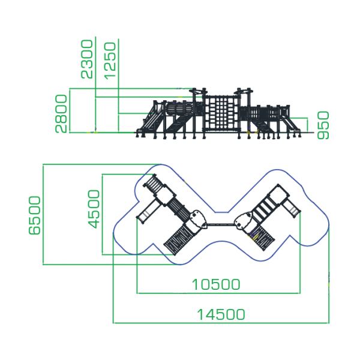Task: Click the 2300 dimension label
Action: pos(87,59)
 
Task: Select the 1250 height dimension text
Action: pos(110,61)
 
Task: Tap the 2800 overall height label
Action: pos(61,114)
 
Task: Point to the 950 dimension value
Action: pos(323,125)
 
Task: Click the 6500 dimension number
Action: pos(34,215)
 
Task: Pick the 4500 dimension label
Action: pos(94,209)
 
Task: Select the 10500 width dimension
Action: pos(216,284)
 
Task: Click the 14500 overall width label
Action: pos(221,314)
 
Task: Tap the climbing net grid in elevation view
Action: pos(221,113)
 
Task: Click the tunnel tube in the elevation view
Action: pos(179,109)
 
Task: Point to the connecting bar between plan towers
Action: pos(221,224)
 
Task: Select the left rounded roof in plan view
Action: pos(198,219)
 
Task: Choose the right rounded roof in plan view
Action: pos(244,221)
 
